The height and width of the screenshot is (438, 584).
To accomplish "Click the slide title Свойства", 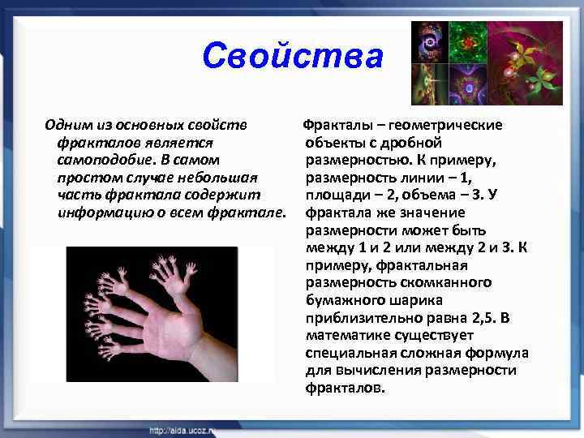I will pyautogui.click(x=292, y=57).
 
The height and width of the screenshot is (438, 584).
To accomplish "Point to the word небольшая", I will pyautogui.click(x=217, y=178).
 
